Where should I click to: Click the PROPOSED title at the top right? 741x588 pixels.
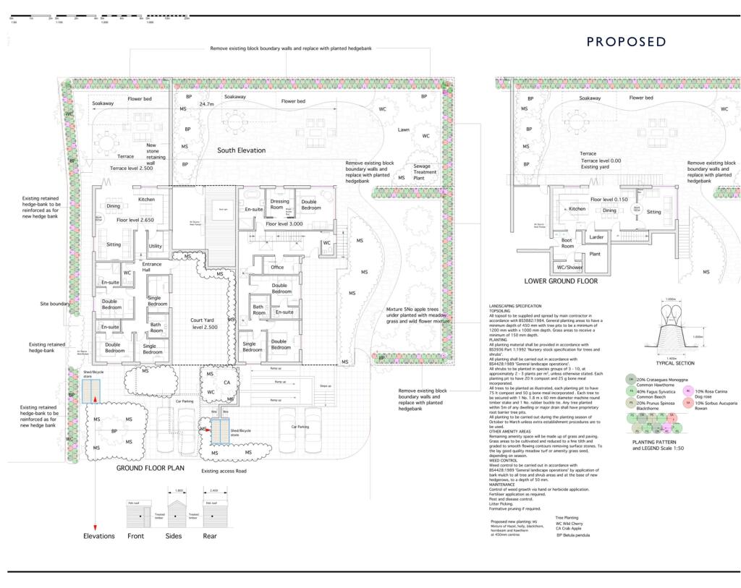coord(626,42)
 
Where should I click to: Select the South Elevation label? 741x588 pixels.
coord(242,150)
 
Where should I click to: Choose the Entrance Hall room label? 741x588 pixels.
coord(152,268)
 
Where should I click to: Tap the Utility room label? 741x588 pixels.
coord(156,247)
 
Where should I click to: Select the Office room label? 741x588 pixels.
coord(277,268)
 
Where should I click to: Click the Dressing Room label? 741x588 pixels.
coord(279,205)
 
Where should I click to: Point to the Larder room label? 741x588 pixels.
coord(596,237)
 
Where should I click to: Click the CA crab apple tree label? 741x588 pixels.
coord(226,382)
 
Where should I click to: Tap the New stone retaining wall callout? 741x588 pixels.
coord(156,153)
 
